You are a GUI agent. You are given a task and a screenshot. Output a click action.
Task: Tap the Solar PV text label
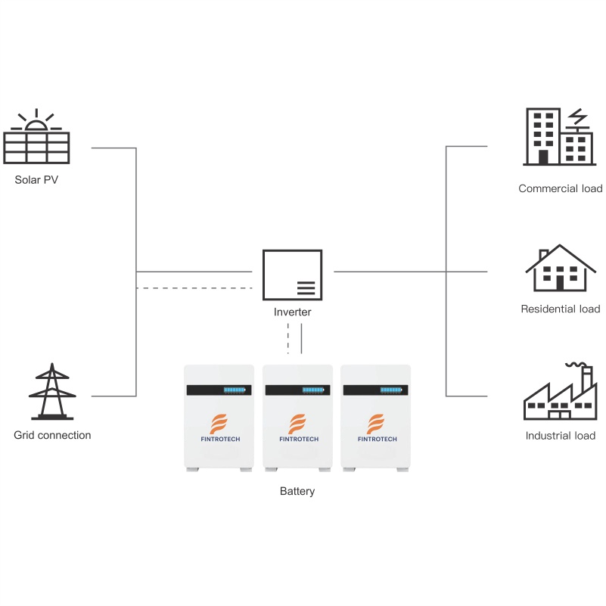click(x=36, y=181)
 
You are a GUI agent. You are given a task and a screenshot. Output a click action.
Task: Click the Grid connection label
click(x=52, y=435)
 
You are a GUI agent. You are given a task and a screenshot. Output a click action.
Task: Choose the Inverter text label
click(x=292, y=312)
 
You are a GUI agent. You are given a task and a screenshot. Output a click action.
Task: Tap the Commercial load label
click(x=560, y=188)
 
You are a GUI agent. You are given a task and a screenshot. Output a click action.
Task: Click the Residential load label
click(x=561, y=309)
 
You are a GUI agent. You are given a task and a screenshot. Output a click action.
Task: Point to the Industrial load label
click(x=561, y=435)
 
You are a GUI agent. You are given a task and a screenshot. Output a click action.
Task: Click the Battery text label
click(x=297, y=491)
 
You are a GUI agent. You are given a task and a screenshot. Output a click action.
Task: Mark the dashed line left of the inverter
click(x=194, y=288)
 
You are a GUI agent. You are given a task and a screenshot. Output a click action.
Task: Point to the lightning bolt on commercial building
click(x=576, y=117)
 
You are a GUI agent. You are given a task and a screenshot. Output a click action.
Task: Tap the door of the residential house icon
click(x=560, y=283)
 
